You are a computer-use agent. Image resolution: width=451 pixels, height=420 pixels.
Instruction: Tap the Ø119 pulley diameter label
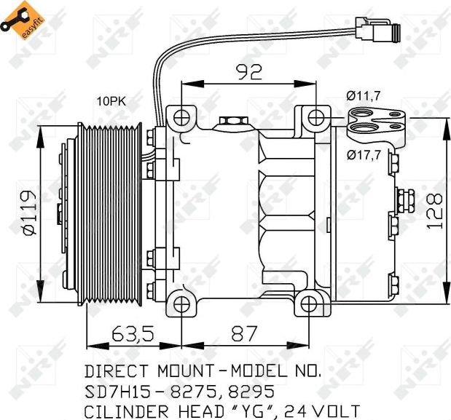28,213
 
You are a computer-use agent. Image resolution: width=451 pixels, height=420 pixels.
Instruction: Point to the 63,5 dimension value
133,334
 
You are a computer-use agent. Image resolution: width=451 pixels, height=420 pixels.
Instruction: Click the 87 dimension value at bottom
244,334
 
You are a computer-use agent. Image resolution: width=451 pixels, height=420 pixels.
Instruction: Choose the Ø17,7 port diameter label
364,154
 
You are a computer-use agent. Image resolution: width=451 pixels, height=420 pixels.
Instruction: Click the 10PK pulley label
111,101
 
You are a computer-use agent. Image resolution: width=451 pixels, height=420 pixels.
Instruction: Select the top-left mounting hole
181,116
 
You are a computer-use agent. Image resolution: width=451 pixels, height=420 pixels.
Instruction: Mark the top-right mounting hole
315,116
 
